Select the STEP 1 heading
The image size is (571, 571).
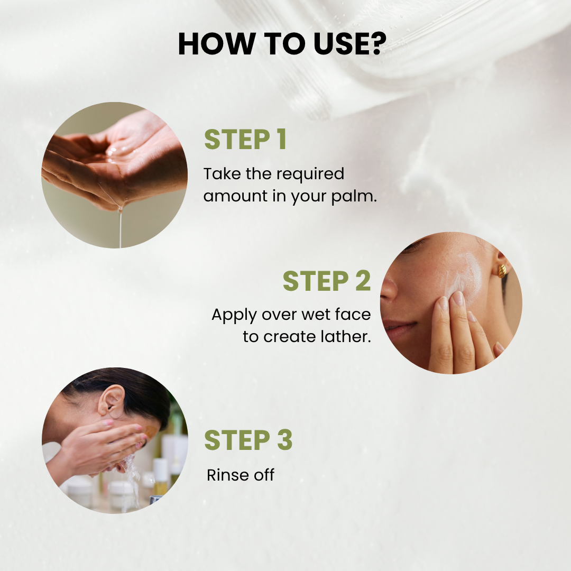coord(245,139)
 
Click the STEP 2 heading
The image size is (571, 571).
coord(327,281)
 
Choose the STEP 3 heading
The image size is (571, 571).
coord(248,440)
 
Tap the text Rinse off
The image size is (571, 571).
coord(241,475)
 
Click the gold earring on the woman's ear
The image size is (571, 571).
coord(502,270)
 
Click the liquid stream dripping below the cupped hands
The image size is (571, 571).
coord(120,227)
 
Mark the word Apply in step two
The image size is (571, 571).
coord(234,315)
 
